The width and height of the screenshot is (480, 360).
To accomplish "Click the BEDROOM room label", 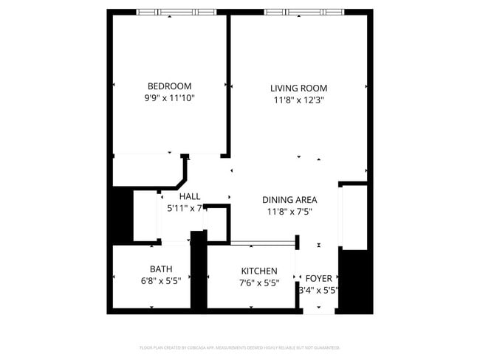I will click(169, 86).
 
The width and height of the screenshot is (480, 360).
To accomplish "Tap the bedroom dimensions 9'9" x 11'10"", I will click(169, 97).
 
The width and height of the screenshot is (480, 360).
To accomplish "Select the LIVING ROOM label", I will click(298, 89).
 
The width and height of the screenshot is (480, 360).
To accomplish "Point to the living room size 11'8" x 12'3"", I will click(298, 100).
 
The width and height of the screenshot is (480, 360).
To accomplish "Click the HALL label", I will click(190, 196).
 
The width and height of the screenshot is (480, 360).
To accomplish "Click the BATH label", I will click(161, 269).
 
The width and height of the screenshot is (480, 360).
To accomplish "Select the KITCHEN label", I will click(259, 271).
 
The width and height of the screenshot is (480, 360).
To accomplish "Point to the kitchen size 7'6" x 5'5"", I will click(259, 283).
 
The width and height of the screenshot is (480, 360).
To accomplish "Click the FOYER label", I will click(319, 278).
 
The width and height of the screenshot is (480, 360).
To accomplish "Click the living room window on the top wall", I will click(304, 12).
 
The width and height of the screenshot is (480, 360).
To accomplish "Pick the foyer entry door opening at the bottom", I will click(320, 311).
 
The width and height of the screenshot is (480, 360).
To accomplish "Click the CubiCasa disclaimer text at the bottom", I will click(239, 347).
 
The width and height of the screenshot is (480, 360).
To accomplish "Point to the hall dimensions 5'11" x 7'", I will click(185, 208).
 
